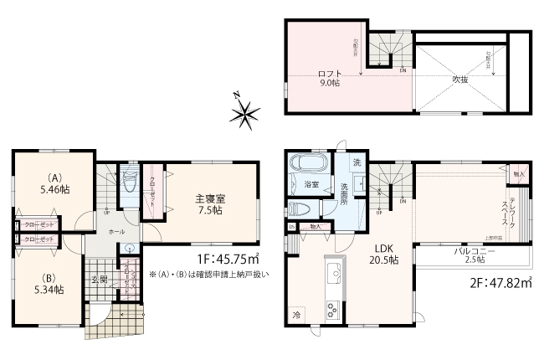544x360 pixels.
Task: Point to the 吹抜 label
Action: click(459, 80)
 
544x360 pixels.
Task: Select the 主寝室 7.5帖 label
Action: click(209, 204)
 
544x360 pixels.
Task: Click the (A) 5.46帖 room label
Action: click(56, 184)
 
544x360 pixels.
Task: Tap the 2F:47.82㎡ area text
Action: click(497, 285)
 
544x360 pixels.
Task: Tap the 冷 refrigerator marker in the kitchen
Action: click(296, 315)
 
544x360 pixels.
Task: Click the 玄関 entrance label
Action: click(99, 280)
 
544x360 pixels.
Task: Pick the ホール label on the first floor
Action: click(116, 231)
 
